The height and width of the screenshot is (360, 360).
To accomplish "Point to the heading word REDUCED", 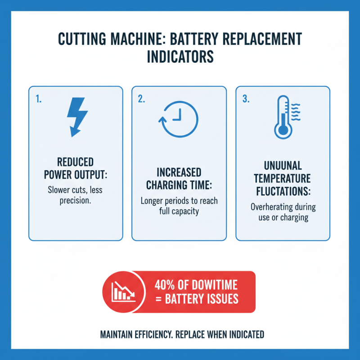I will pos(75,162).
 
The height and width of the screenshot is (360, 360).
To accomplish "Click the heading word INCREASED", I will pos(179,173).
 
